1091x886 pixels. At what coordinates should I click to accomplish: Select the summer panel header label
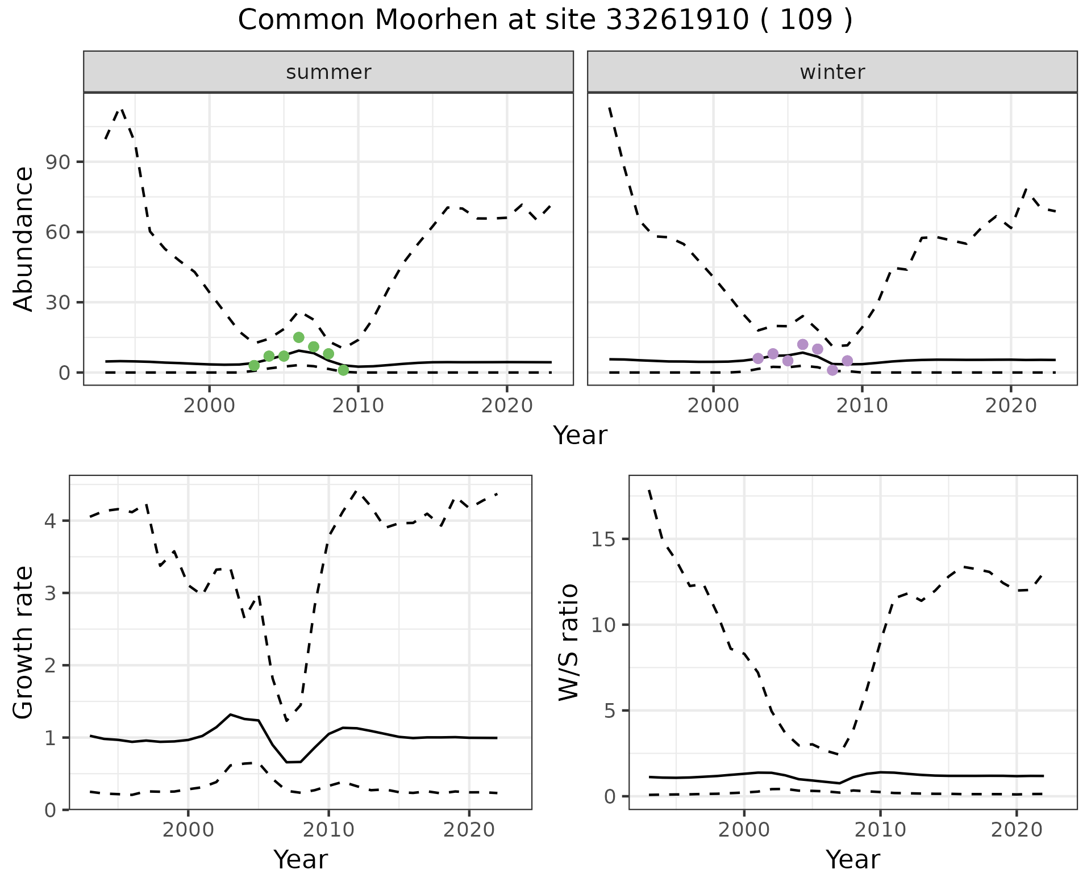328,72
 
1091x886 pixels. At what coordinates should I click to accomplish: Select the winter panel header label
832,72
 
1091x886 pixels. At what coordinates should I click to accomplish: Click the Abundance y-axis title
24,239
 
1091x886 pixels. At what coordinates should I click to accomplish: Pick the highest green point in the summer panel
299,337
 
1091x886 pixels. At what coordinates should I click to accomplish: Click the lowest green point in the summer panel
343,370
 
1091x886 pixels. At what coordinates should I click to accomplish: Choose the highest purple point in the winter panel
803,344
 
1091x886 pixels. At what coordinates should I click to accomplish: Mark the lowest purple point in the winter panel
832,370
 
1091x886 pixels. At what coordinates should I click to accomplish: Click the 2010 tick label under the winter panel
862,406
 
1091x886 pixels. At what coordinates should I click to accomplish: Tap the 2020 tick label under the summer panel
506,406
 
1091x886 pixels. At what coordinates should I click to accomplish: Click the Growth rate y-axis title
24,643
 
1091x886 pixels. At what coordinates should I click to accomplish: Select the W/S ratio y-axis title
568,643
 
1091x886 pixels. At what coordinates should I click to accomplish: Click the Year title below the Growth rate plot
301,859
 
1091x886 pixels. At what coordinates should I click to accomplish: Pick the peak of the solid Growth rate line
230,714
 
